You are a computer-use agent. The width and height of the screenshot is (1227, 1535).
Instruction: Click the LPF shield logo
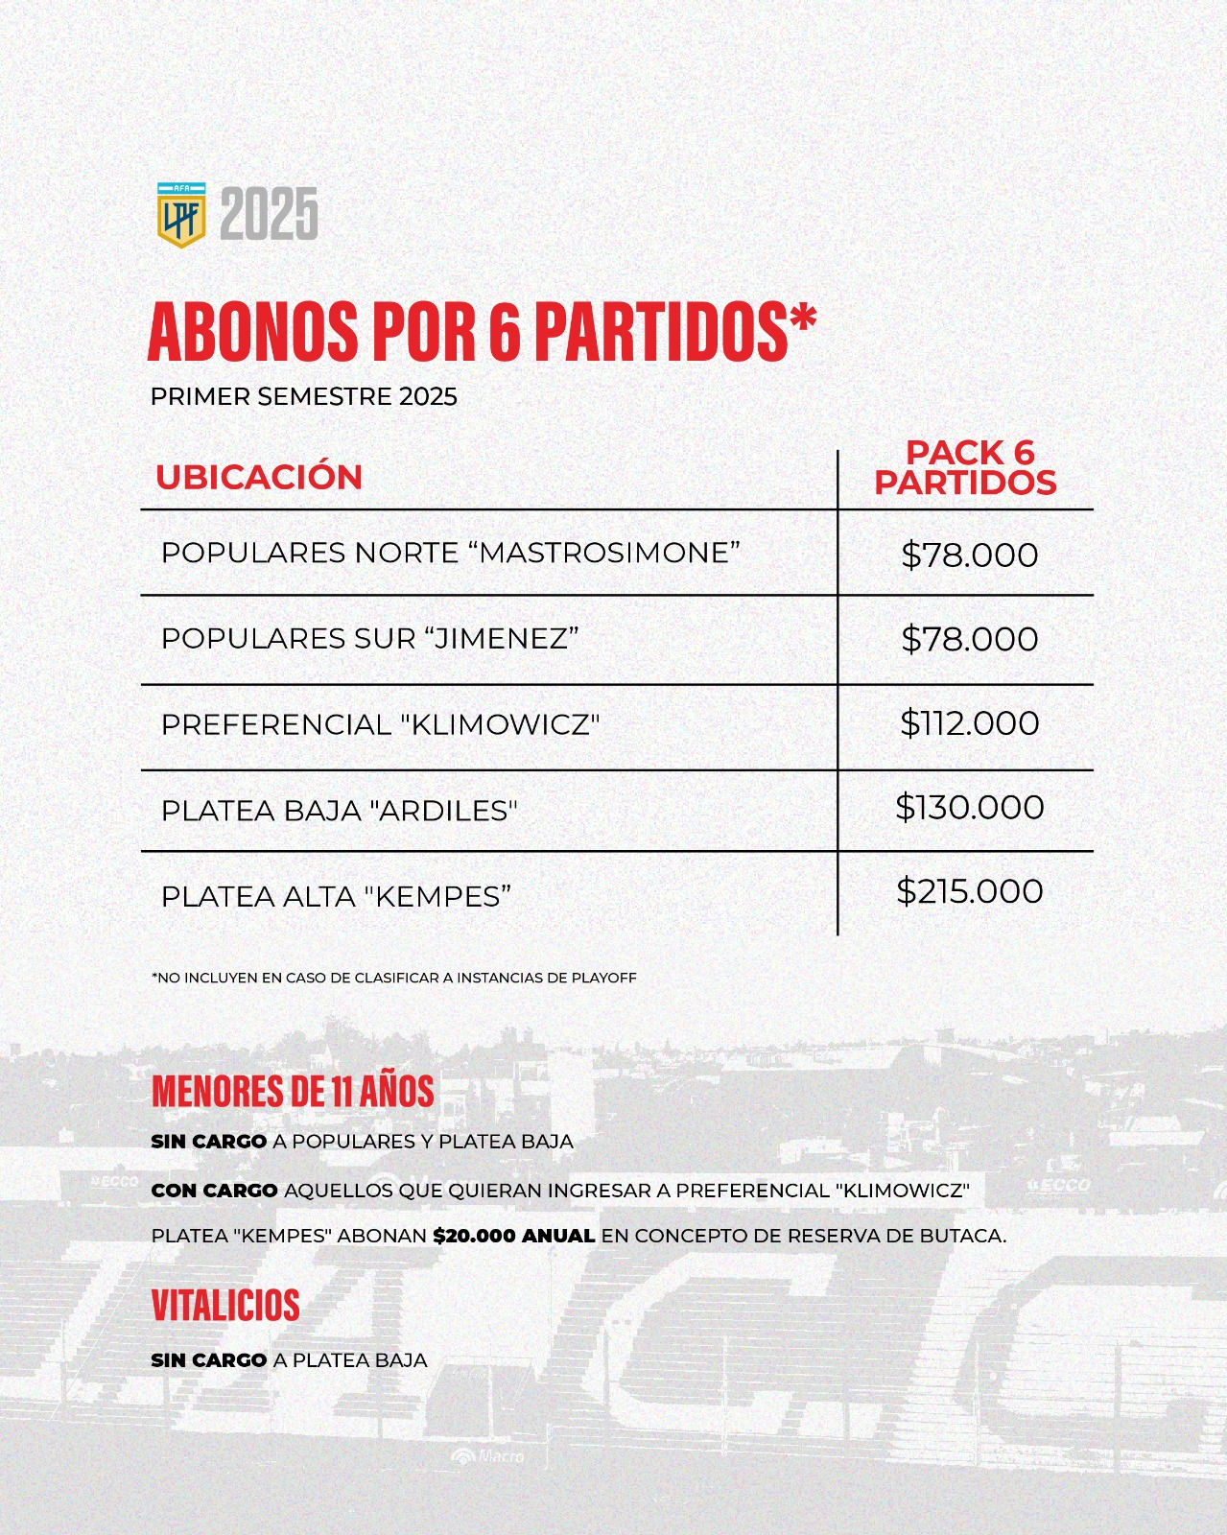coord(181,215)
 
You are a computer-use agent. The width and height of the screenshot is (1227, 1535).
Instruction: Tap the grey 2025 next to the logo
coord(270,215)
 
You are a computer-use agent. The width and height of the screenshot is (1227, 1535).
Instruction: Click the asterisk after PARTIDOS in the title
coord(799,320)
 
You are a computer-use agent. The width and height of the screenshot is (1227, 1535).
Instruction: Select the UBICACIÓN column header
coord(259,477)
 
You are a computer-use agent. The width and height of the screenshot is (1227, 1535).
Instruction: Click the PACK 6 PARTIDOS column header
coord(966,467)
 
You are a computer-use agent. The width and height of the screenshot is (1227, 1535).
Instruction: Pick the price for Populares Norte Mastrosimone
coord(969,555)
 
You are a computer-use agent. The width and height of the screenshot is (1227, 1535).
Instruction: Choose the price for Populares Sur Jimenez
coord(969,639)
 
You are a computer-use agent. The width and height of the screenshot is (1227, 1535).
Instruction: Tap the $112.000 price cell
coord(969,723)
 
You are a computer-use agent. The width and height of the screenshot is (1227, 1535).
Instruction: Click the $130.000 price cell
coord(969,807)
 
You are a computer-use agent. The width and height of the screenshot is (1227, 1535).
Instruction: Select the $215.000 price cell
coord(969,891)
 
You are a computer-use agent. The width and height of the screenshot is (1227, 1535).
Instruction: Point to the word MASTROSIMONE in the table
coord(608,553)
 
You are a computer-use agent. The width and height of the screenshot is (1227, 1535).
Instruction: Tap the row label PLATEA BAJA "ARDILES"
coord(339,811)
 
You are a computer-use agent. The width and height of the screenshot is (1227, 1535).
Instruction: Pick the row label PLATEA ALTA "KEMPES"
coord(336,896)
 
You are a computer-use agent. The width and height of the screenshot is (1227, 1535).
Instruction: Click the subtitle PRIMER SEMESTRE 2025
coord(304,396)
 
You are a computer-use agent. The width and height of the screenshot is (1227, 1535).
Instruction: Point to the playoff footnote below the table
coord(393,978)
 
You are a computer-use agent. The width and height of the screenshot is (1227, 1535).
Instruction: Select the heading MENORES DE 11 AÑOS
coord(293,1091)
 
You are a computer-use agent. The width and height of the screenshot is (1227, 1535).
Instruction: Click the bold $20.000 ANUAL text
coord(514,1236)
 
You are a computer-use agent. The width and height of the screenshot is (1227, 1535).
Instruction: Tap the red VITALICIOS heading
coord(225,1305)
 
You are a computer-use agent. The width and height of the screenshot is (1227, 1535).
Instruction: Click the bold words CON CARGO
coord(214,1191)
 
